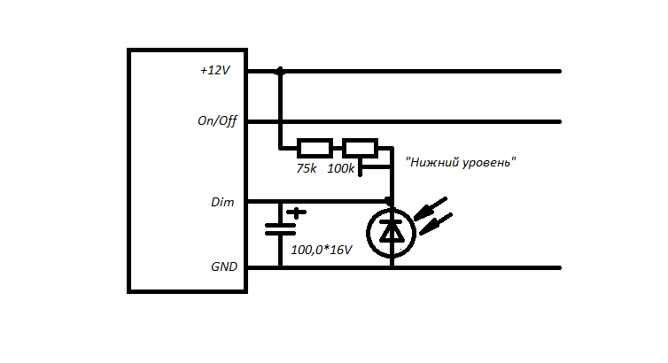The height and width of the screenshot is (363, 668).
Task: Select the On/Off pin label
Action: click(217, 121)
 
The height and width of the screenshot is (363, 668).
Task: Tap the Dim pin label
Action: click(222, 203)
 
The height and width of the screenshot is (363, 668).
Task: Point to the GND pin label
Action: click(223, 266)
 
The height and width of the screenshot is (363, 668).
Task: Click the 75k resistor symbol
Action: click(315, 148)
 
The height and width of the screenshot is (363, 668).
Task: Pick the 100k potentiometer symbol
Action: click(361, 148)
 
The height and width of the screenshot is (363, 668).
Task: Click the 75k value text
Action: click(306, 168)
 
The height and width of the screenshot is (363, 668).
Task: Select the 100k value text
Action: click(341, 168)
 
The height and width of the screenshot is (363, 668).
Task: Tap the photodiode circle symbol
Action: click(391, 232)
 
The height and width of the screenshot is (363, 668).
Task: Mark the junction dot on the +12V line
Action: click(281, 71)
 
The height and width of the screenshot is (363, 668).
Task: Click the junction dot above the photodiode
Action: click(389, 201)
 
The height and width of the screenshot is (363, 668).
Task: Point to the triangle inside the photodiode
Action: click(391, 232)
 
